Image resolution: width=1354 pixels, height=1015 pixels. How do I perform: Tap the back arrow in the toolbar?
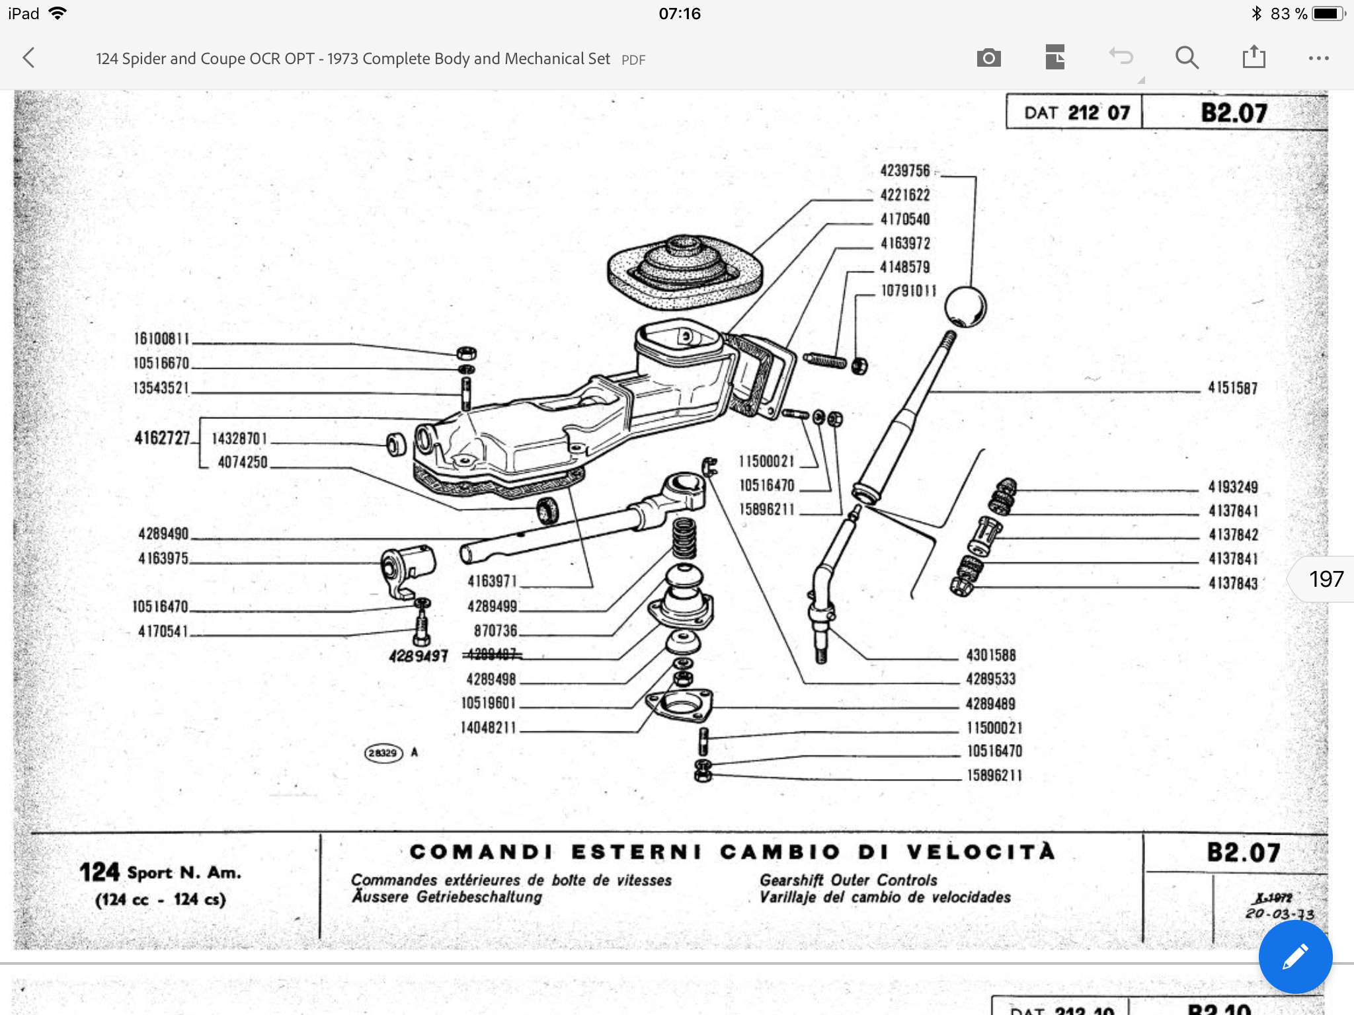[28, 58]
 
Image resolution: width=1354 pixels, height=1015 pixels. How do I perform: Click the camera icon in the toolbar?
[988, 58]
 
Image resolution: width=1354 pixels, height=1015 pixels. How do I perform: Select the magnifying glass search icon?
[1187, 58]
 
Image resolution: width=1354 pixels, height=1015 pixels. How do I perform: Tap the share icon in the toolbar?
[1254, 57]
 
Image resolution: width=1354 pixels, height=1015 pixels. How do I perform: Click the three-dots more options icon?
[1318, 58]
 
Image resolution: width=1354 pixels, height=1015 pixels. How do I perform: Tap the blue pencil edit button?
[1294, 956]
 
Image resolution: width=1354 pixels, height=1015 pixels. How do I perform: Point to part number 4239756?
[904, 171]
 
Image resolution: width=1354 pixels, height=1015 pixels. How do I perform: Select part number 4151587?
[1232, 388]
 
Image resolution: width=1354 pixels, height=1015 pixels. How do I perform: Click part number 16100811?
[161, 339]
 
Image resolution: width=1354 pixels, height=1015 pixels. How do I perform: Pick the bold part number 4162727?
[162, 438]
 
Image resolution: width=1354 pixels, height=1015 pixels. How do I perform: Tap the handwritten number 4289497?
[418, 656]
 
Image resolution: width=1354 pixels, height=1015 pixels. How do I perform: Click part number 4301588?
[990, 656]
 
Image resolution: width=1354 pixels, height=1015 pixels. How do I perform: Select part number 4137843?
[1233, 583]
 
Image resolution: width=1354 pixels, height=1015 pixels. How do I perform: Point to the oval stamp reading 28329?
[383, 753]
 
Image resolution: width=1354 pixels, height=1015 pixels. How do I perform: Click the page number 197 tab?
[1325, 580]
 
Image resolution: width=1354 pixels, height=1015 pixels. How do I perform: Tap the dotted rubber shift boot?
[685, 272]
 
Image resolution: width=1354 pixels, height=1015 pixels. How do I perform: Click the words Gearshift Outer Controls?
[848, 880]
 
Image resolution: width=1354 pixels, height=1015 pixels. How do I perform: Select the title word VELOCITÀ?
[980, 852]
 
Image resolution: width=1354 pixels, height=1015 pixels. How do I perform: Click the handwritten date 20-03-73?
[1279, 914]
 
